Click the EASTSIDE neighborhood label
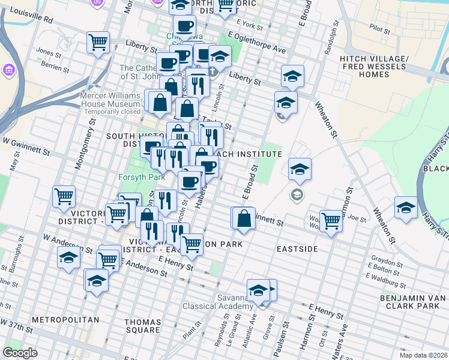tap(297, 248)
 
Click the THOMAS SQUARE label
tap(142, 326)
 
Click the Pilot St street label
tap(380, 28)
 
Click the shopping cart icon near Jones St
tap(98, 43)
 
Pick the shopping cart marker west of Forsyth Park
tap(64, 196)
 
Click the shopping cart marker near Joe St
tap(331, 220)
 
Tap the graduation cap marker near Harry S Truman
tap(406, 208)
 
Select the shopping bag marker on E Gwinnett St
tap(244, 219)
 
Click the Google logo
tap(20, 353)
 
